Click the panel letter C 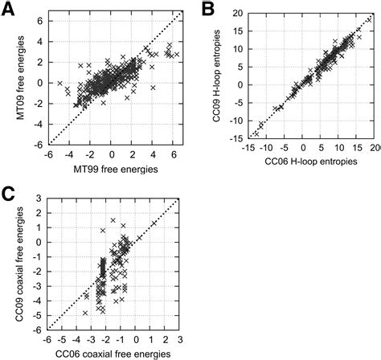pyautogui.click(x=10, y=193)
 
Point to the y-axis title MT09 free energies pyautogui.click(x=16, y=82)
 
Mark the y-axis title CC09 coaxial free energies pyautogui.click(x=16, y=265)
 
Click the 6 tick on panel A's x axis pyautogui.click(x=171, y=156)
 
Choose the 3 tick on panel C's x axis pyautogui.click(x=178, y=338)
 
